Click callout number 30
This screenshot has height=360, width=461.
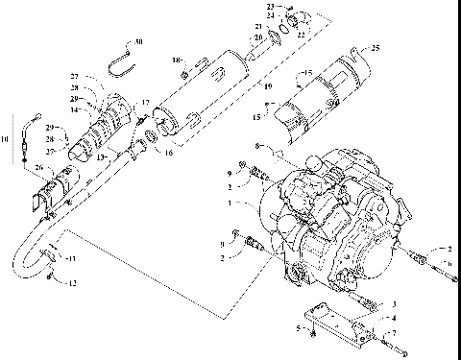click(139, 42)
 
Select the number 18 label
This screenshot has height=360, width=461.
click(176, 60)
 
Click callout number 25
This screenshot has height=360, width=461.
click(376, 47)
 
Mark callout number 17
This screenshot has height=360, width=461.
click(146, 103)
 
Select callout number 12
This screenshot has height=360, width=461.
click(68, 280)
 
